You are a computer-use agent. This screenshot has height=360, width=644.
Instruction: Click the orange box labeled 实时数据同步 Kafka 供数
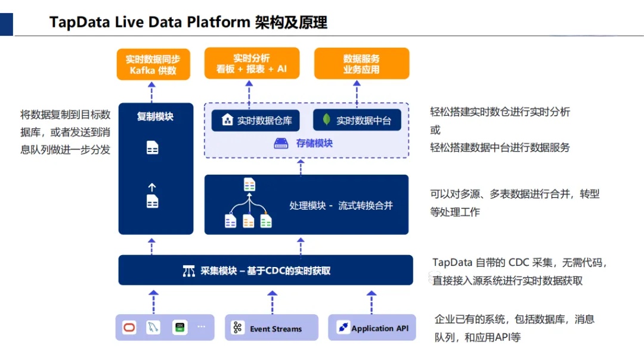[x=153, y=64]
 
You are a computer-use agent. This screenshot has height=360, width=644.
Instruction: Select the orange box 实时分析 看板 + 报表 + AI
[x=251, y=63]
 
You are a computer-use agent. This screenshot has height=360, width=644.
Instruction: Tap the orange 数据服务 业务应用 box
[x=361, y=63]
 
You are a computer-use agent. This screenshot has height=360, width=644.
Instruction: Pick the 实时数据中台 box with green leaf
[x=357, y=120]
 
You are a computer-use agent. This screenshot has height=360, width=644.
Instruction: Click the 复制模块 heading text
[x=155, y=116]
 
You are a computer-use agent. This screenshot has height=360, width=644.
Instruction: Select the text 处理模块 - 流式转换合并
[x=341, y=206]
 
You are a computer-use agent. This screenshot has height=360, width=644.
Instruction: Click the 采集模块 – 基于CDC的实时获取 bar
[x=265, y=271]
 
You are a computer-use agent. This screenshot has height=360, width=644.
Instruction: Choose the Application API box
[x=372, y=328]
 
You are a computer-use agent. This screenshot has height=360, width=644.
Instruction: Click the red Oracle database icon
[x=129, y=327]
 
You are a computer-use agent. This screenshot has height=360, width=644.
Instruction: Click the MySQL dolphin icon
[x=154, y=327]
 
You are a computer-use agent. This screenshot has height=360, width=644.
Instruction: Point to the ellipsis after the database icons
[x=201, y=327]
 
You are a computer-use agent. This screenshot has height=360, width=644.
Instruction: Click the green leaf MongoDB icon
[x=326, y=120]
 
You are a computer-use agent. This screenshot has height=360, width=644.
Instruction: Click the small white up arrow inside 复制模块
[x=152, y=187]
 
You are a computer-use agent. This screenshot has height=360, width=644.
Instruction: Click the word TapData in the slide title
[x=73, y=23]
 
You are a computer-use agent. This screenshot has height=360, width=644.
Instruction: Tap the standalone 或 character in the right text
[x=435, y=129]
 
